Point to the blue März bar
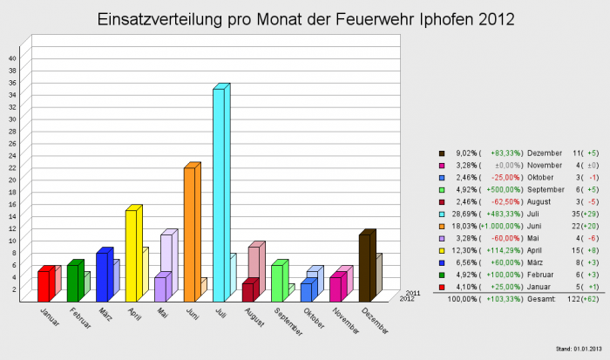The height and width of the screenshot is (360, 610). tap(101, 276)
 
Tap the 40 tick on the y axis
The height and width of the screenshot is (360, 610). tap(13, 58)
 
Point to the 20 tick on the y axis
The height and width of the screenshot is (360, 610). tap(13, 180)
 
